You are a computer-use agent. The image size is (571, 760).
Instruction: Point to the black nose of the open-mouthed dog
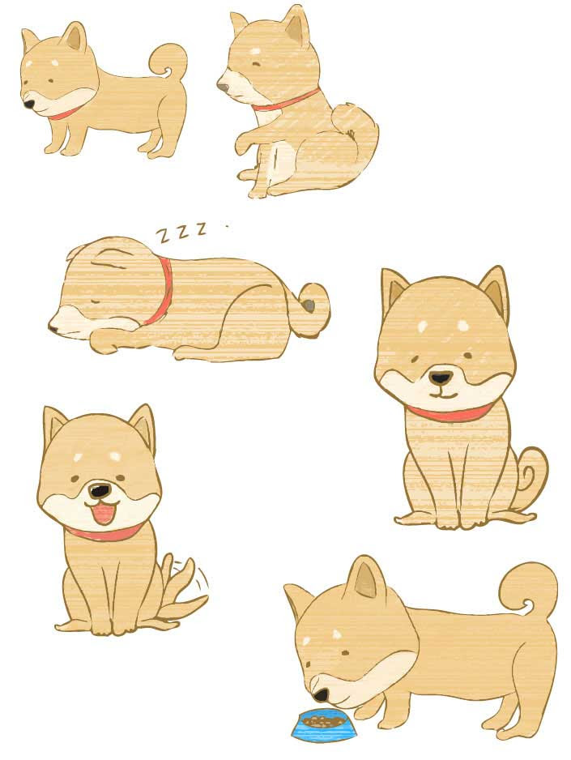pyautogui.click(x=100, y=491)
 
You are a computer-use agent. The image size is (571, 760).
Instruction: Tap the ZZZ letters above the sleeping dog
pyautogui.click(x=181, y=232)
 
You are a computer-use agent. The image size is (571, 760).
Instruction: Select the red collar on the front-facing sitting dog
pyautogui.click(x=448, y=413)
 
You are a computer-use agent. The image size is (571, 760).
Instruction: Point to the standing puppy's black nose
pyautogui.click(x=29, y=104)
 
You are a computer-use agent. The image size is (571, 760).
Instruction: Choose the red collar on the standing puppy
pyautogui.click(x=65, y=113)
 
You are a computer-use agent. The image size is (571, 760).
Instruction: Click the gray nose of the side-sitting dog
pyautogui.click(x=222, y=88)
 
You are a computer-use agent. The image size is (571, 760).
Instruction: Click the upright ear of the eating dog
pyautogui.click(x=367, y=579)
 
